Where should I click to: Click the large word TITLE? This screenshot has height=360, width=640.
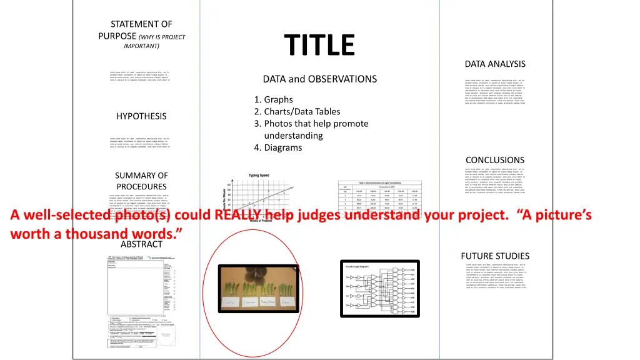(319, 45)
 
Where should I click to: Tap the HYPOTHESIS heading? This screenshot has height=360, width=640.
(141, 116)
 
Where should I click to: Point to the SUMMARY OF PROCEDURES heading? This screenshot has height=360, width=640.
(141, 181)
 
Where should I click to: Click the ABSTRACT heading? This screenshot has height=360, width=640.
(141, 244)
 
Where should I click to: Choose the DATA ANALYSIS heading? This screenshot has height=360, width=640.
(495, 64)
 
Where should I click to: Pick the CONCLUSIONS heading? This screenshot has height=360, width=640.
(495, 160)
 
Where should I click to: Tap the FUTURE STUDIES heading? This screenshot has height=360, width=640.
(495, 256)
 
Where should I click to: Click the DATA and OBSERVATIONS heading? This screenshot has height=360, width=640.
(319, 79)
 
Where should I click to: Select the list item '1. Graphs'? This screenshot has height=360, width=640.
(274, 100)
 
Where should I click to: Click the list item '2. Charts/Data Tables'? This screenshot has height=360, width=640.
(297, 112)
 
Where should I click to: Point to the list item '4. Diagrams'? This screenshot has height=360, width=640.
(278, 148)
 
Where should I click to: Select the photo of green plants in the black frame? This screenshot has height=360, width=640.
(258, 287)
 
